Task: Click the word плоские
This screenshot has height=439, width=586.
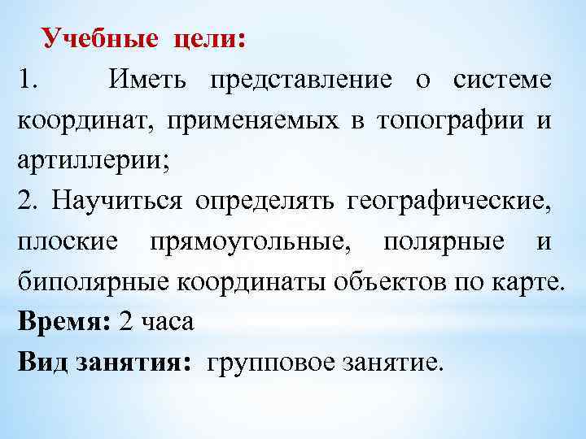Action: coord(68,241)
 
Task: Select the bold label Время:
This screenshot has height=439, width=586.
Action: coord(63,322)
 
